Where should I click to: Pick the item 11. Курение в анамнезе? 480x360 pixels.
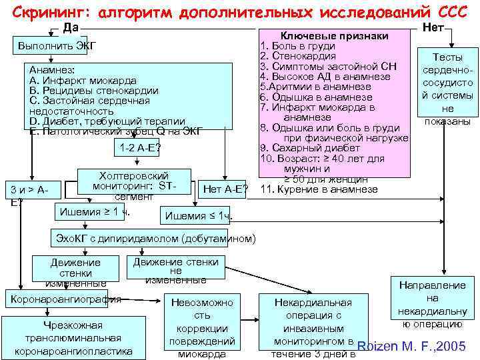319,189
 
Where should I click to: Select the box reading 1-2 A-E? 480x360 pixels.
139,147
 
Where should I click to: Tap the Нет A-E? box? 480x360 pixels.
225,191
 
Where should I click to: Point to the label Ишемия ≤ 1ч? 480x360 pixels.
198,215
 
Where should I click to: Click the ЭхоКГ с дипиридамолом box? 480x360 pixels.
155,238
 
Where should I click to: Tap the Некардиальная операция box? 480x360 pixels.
313,327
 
